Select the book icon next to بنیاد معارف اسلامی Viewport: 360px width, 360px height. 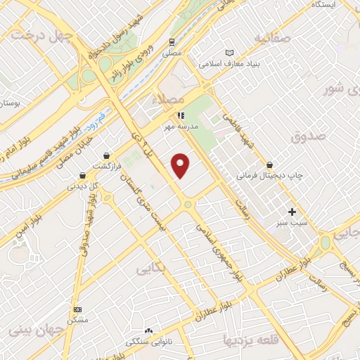point(229,53)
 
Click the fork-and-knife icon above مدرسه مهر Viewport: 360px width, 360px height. point(181,115)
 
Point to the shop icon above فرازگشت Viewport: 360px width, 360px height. point(106,155)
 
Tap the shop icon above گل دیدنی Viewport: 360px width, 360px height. point(83,175)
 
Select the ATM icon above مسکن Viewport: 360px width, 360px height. point(77,309)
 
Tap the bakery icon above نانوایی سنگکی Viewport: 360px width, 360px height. point(148,331)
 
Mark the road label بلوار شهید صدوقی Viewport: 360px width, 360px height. point(85,232)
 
